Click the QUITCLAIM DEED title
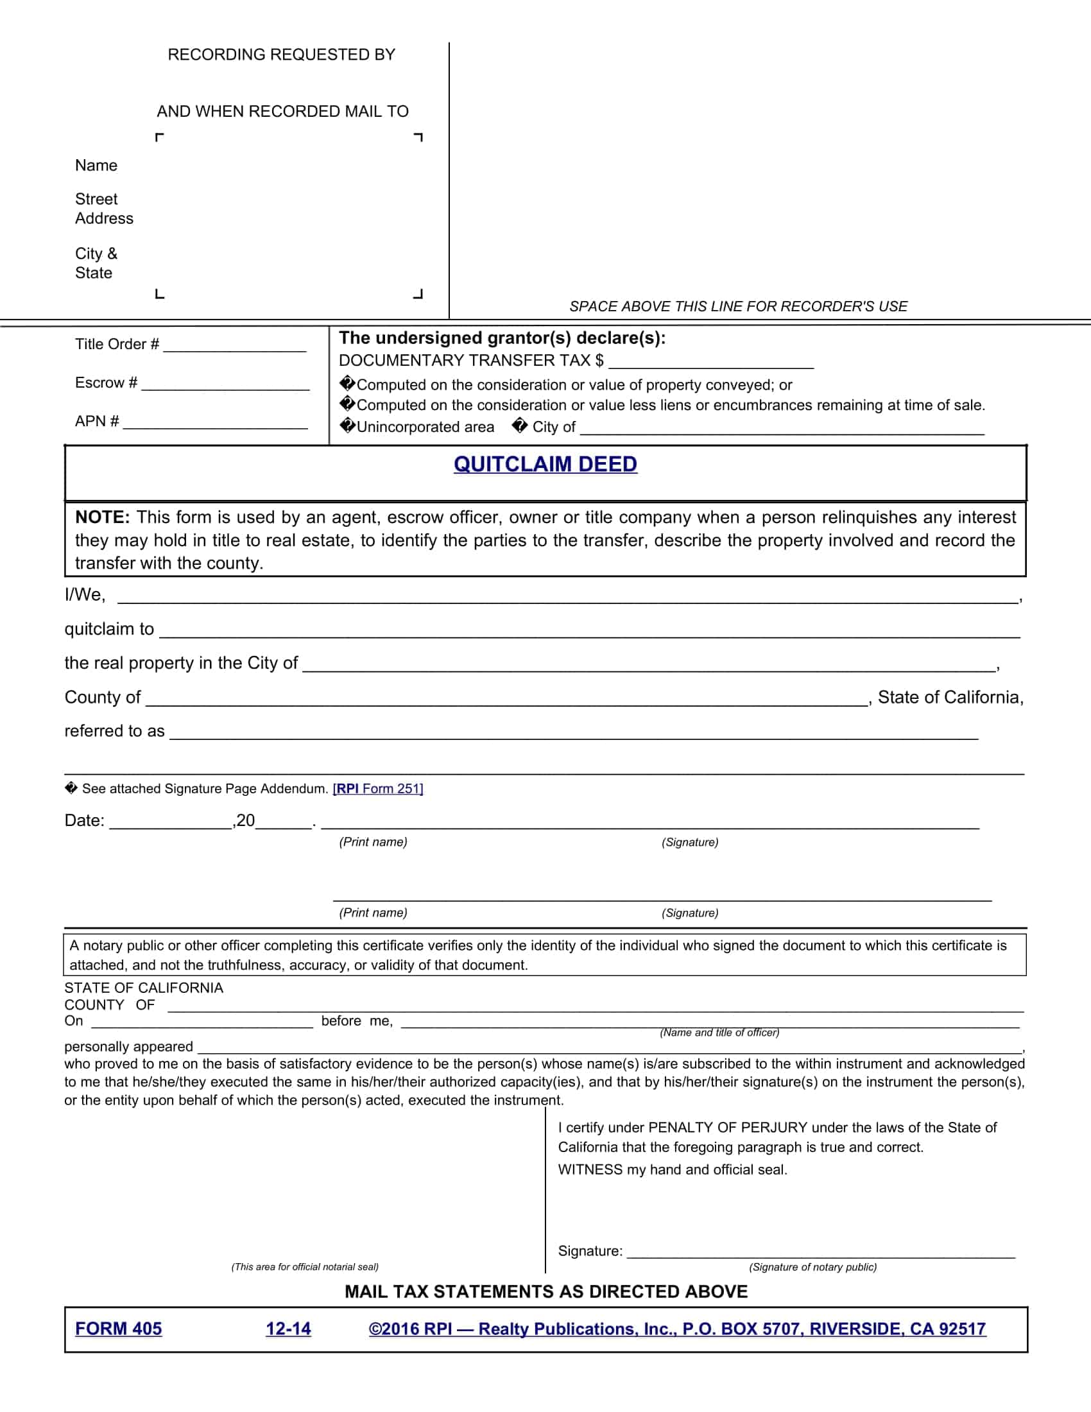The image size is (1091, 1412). pos(545,464)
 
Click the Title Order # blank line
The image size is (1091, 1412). pos(235,347)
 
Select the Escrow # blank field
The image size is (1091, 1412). pos(225,385)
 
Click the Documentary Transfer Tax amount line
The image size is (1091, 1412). pos(710,363)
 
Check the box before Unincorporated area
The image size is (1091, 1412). pos(348,426)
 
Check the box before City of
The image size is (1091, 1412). pos(519,426)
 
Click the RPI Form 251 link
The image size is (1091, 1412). pos(377,789)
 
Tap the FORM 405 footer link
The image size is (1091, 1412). pos(118,1329)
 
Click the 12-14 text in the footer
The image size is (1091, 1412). pos(288,1329)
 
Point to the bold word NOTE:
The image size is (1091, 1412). pos(102,517)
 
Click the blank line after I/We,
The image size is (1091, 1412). pos(567,598)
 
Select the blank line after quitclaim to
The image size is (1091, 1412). pos(589,632)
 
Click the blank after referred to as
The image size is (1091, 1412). pos(574,734)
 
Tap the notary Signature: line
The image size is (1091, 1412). pos(821,1253)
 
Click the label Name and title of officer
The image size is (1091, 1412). pos(719,1033)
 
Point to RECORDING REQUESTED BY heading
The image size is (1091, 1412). pos(281,55)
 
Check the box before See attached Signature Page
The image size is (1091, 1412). pos(71,788)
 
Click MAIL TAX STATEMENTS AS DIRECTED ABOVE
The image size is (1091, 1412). pos(545,1292)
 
